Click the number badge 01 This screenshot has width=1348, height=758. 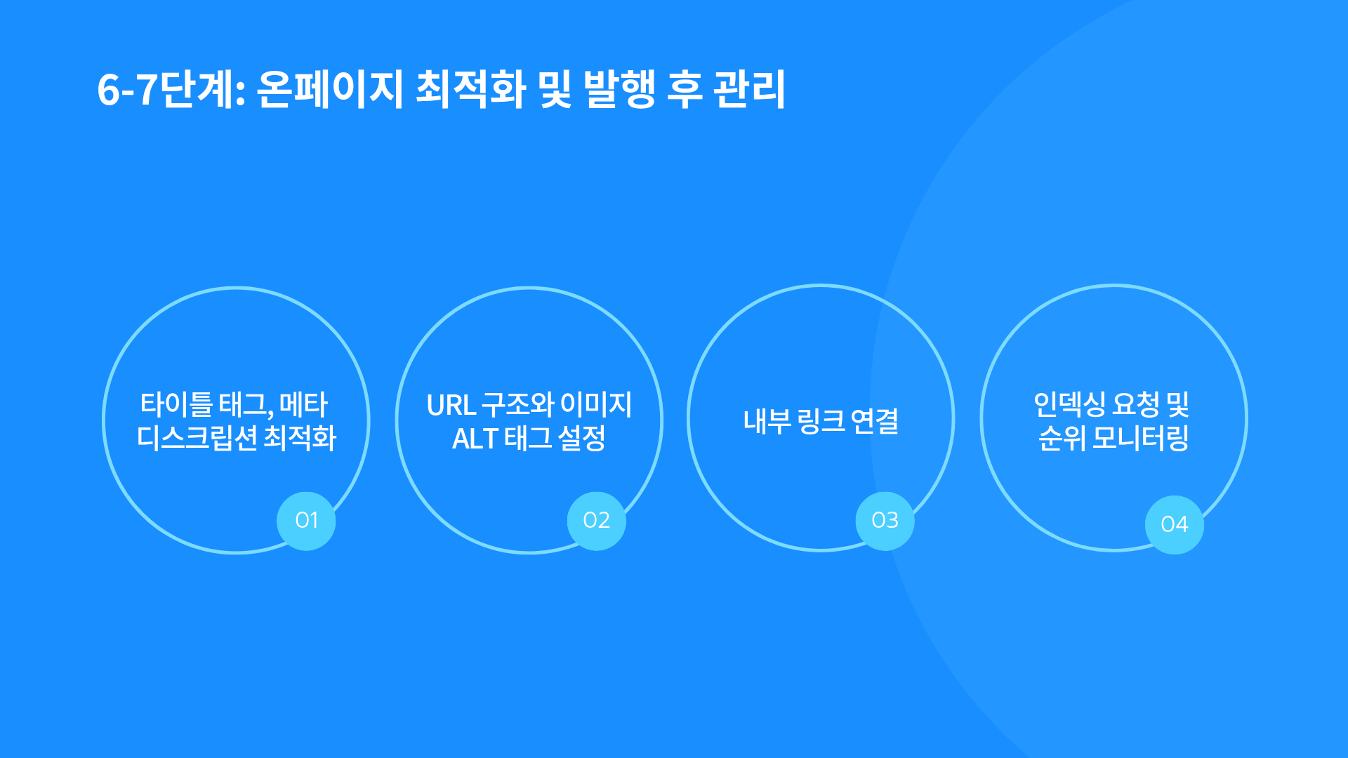click(306, 521)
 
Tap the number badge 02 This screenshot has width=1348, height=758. click(597, 521)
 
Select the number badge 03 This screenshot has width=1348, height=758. click(885, 521)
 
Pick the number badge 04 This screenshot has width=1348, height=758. click(1175, 524)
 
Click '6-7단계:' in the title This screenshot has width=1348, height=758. click(171, 90)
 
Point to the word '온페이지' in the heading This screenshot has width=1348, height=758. click(329, 89)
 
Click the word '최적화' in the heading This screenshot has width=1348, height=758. click(471, 89)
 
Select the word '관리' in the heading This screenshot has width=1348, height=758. click(749, 89)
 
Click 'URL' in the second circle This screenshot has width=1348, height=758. click(451, 405)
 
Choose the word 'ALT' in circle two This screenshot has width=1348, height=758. click(475, 439)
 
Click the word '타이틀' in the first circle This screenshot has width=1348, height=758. click(176, 404)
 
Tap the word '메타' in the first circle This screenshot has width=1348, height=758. click(304, 404)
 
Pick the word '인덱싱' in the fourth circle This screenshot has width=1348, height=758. click(1070, 404)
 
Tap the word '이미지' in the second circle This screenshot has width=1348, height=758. click(596, 405)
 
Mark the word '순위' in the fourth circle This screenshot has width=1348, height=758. click(1062, 438)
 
